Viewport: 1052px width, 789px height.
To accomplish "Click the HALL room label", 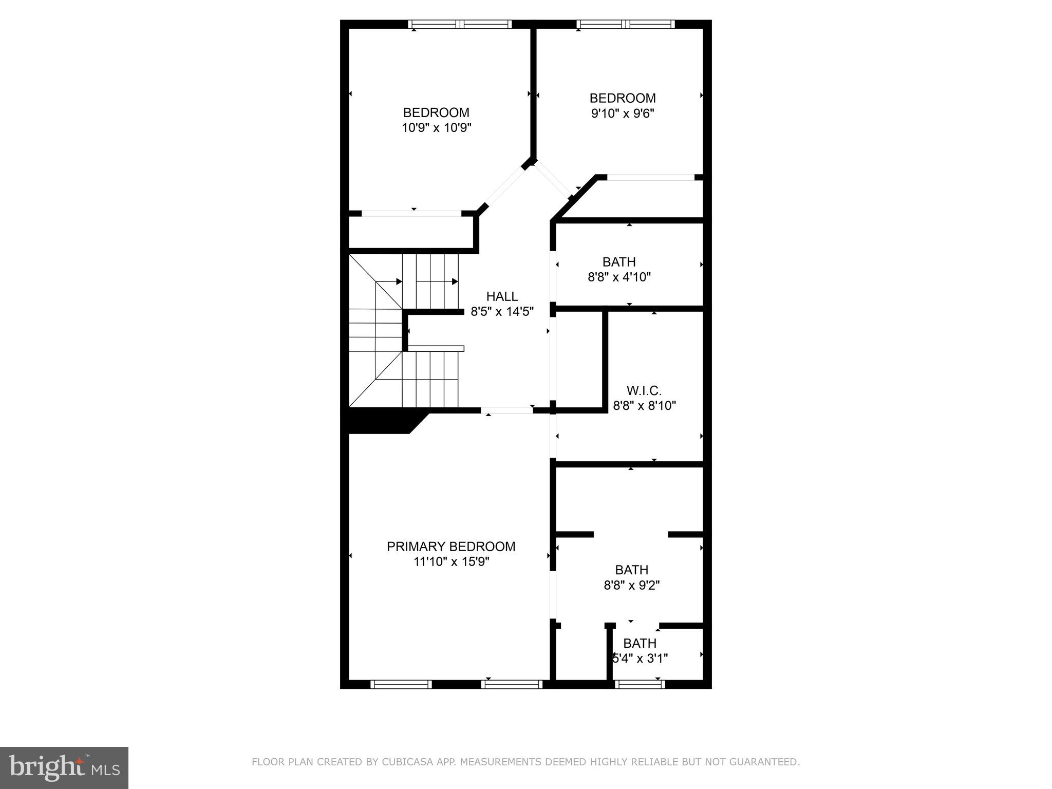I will (502, 296).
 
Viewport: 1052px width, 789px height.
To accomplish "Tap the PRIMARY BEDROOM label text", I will (450, 547).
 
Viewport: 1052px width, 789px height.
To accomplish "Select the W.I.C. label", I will (644, 391).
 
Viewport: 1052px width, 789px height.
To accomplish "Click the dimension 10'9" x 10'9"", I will (436, 128).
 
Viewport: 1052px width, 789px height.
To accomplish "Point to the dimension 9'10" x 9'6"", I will (622, 114).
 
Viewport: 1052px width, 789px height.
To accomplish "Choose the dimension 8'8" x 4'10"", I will (619, 277).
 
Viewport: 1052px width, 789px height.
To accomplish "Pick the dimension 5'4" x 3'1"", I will (640, 659).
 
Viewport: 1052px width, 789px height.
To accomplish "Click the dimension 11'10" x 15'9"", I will (451, 562).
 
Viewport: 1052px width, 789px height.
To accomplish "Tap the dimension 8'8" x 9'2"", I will (631, 585).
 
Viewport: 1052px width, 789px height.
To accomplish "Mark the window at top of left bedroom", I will (460, 24).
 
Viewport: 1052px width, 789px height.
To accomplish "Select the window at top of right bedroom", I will (625, 24).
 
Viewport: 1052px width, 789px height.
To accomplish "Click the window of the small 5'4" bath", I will (640, 684).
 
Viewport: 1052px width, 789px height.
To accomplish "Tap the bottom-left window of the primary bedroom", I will (401, 684).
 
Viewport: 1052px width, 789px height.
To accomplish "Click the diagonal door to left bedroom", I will (505, 187).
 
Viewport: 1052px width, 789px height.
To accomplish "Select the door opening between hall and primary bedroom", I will (506, 410).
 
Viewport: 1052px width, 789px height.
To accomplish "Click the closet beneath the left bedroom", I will (411, 233).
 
